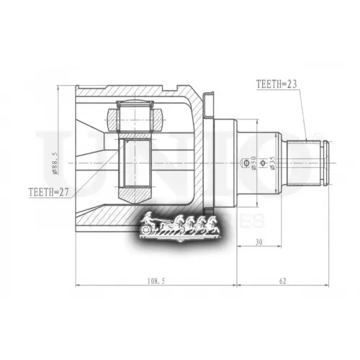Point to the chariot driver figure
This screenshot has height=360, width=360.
tap(147, 217)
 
